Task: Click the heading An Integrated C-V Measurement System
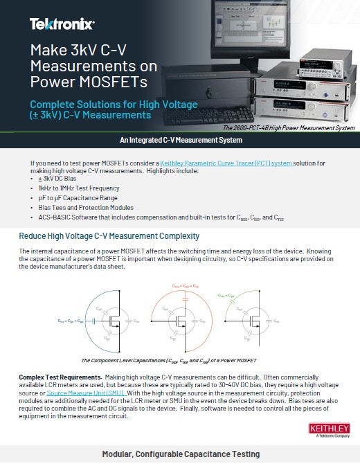[180, 141]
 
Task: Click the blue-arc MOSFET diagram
[89, 319]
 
